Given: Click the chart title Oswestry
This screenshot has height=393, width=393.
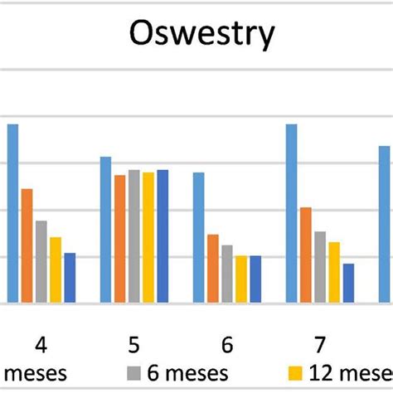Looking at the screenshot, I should [202, 34].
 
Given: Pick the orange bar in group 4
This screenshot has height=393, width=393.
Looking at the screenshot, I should [27, 245].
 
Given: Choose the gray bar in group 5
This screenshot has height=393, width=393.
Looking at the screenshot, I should [134, 236].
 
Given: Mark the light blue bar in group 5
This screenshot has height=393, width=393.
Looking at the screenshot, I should [106, 230].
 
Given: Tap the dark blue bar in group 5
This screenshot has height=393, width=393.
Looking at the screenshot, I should [163, 236].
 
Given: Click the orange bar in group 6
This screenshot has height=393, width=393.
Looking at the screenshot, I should [213, 269].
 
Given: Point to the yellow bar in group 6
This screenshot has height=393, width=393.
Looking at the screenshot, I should [241, 279].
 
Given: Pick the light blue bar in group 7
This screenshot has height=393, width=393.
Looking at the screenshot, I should [292, 213].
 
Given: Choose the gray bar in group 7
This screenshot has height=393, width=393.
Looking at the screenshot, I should [320, 267].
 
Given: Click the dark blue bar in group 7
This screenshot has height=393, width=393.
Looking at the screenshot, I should [348, 283].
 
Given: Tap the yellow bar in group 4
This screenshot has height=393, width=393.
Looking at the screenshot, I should [56, 270].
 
